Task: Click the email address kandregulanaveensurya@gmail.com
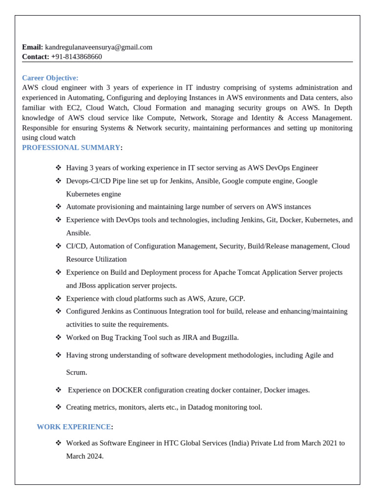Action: coord(99,47)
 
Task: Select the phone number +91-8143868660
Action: coord(77,57)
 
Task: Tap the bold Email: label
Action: coord(33,47)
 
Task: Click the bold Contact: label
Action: coord(36,57)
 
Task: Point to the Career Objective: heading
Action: coord(50,78)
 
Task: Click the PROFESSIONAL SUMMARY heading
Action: coord(71,147)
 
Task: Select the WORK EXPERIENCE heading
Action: coord(74,427)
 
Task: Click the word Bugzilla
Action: coord(225,337)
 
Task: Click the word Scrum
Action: coord(77,373)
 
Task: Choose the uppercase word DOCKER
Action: coord(127,390)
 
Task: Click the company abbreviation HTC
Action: coord(172,443)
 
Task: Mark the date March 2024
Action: coord(84,457)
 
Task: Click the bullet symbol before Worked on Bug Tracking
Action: coord(59,337)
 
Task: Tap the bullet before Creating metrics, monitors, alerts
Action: coord(59,407)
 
